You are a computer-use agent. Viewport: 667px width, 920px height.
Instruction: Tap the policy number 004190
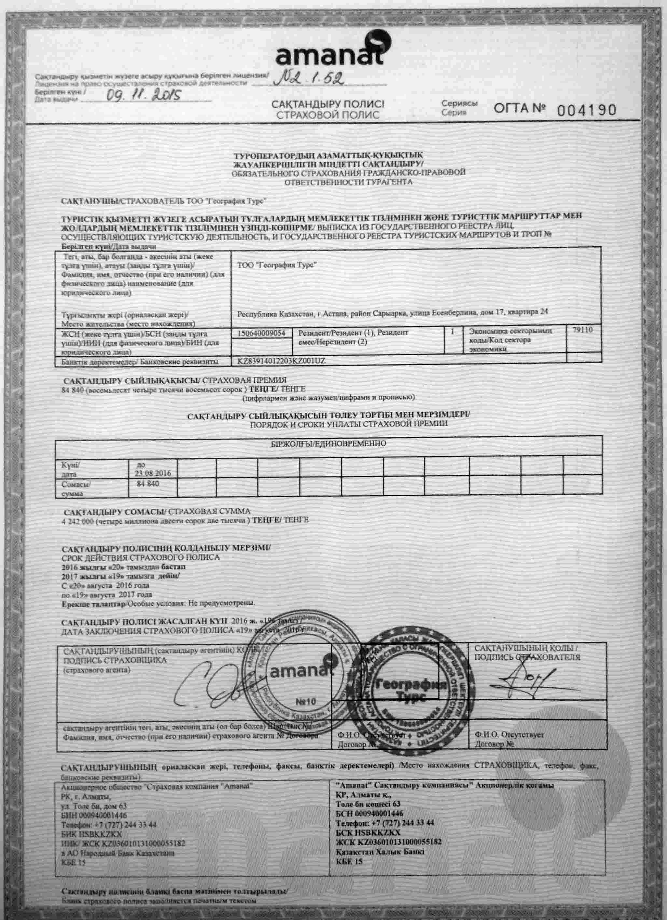[x=586, y=110]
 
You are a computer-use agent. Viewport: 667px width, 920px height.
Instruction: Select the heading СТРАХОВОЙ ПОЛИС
[x=328, y=115]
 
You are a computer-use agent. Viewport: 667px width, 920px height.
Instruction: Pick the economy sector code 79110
[x=582, y=330]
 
